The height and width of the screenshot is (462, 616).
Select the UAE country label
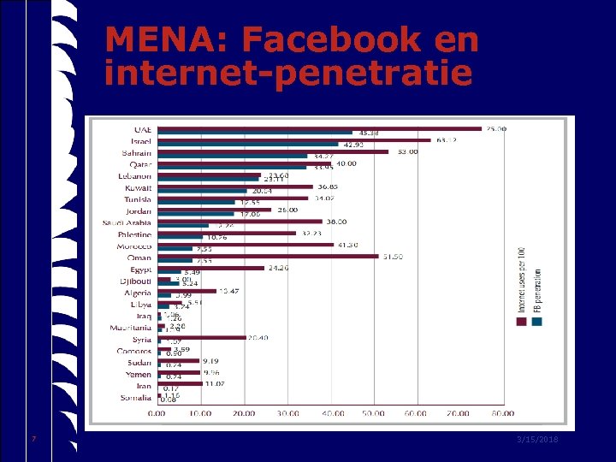coord(142,129)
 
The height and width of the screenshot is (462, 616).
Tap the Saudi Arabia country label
coord(127,222)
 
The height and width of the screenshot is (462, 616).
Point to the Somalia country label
coord(135,398)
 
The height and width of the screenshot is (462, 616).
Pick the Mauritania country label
coord(131,328)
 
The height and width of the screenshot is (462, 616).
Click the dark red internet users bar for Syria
coord(200,337)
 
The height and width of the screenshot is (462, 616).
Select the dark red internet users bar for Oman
coord(267,255)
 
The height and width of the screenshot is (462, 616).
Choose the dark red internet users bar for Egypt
coord(210,267)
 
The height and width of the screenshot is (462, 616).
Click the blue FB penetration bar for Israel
coord(247,144)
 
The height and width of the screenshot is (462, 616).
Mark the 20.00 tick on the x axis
coord(244,413)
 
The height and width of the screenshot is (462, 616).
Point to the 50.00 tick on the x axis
coord(373,413)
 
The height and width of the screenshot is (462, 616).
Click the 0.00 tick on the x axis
coord(157,413)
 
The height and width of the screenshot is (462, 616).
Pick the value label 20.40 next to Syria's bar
coord(258,338)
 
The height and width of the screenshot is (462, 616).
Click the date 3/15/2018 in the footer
coord(538,439)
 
